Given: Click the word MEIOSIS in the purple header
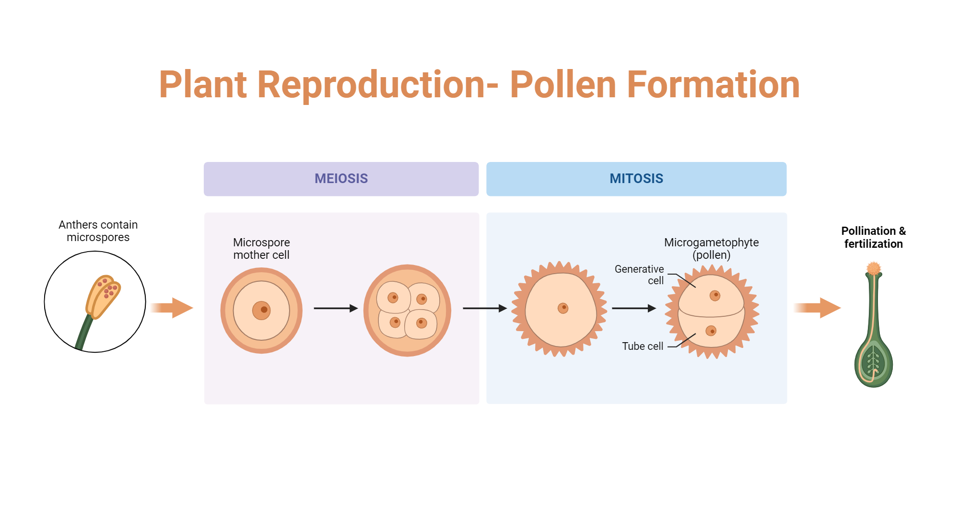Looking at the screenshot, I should click(x=341, y=179).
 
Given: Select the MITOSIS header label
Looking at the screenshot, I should click(x=636, y=179).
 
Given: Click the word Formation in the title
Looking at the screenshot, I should click(x=713, y=85).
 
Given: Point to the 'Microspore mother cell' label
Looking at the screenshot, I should click(x=261, y=249).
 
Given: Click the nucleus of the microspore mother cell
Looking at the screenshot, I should click(x=262, y=310).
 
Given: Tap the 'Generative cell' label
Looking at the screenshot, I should click(x=639, y=275).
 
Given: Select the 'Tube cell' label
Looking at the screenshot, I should click(x=643, y=346).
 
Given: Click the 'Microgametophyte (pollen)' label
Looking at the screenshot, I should click(x=711, y=249).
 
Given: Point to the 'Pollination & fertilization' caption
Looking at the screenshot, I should click(x=873, y=237).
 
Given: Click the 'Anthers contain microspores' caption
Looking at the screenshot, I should click(x=98, y=231).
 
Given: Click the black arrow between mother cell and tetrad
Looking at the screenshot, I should click(x=336, y=308).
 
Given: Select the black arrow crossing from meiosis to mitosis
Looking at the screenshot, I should click(x=484, y=308).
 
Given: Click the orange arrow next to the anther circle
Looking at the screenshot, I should click(x=173, y=308).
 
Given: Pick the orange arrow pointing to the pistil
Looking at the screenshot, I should click(x=818, y=308).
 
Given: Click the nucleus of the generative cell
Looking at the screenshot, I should click(x=715, y=295).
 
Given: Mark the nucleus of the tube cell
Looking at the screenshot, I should click(x=711, y=331).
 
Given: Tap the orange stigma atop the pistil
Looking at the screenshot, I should click(x=874, y=268).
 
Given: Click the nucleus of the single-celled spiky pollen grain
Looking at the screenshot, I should click(x=563, y=308).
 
